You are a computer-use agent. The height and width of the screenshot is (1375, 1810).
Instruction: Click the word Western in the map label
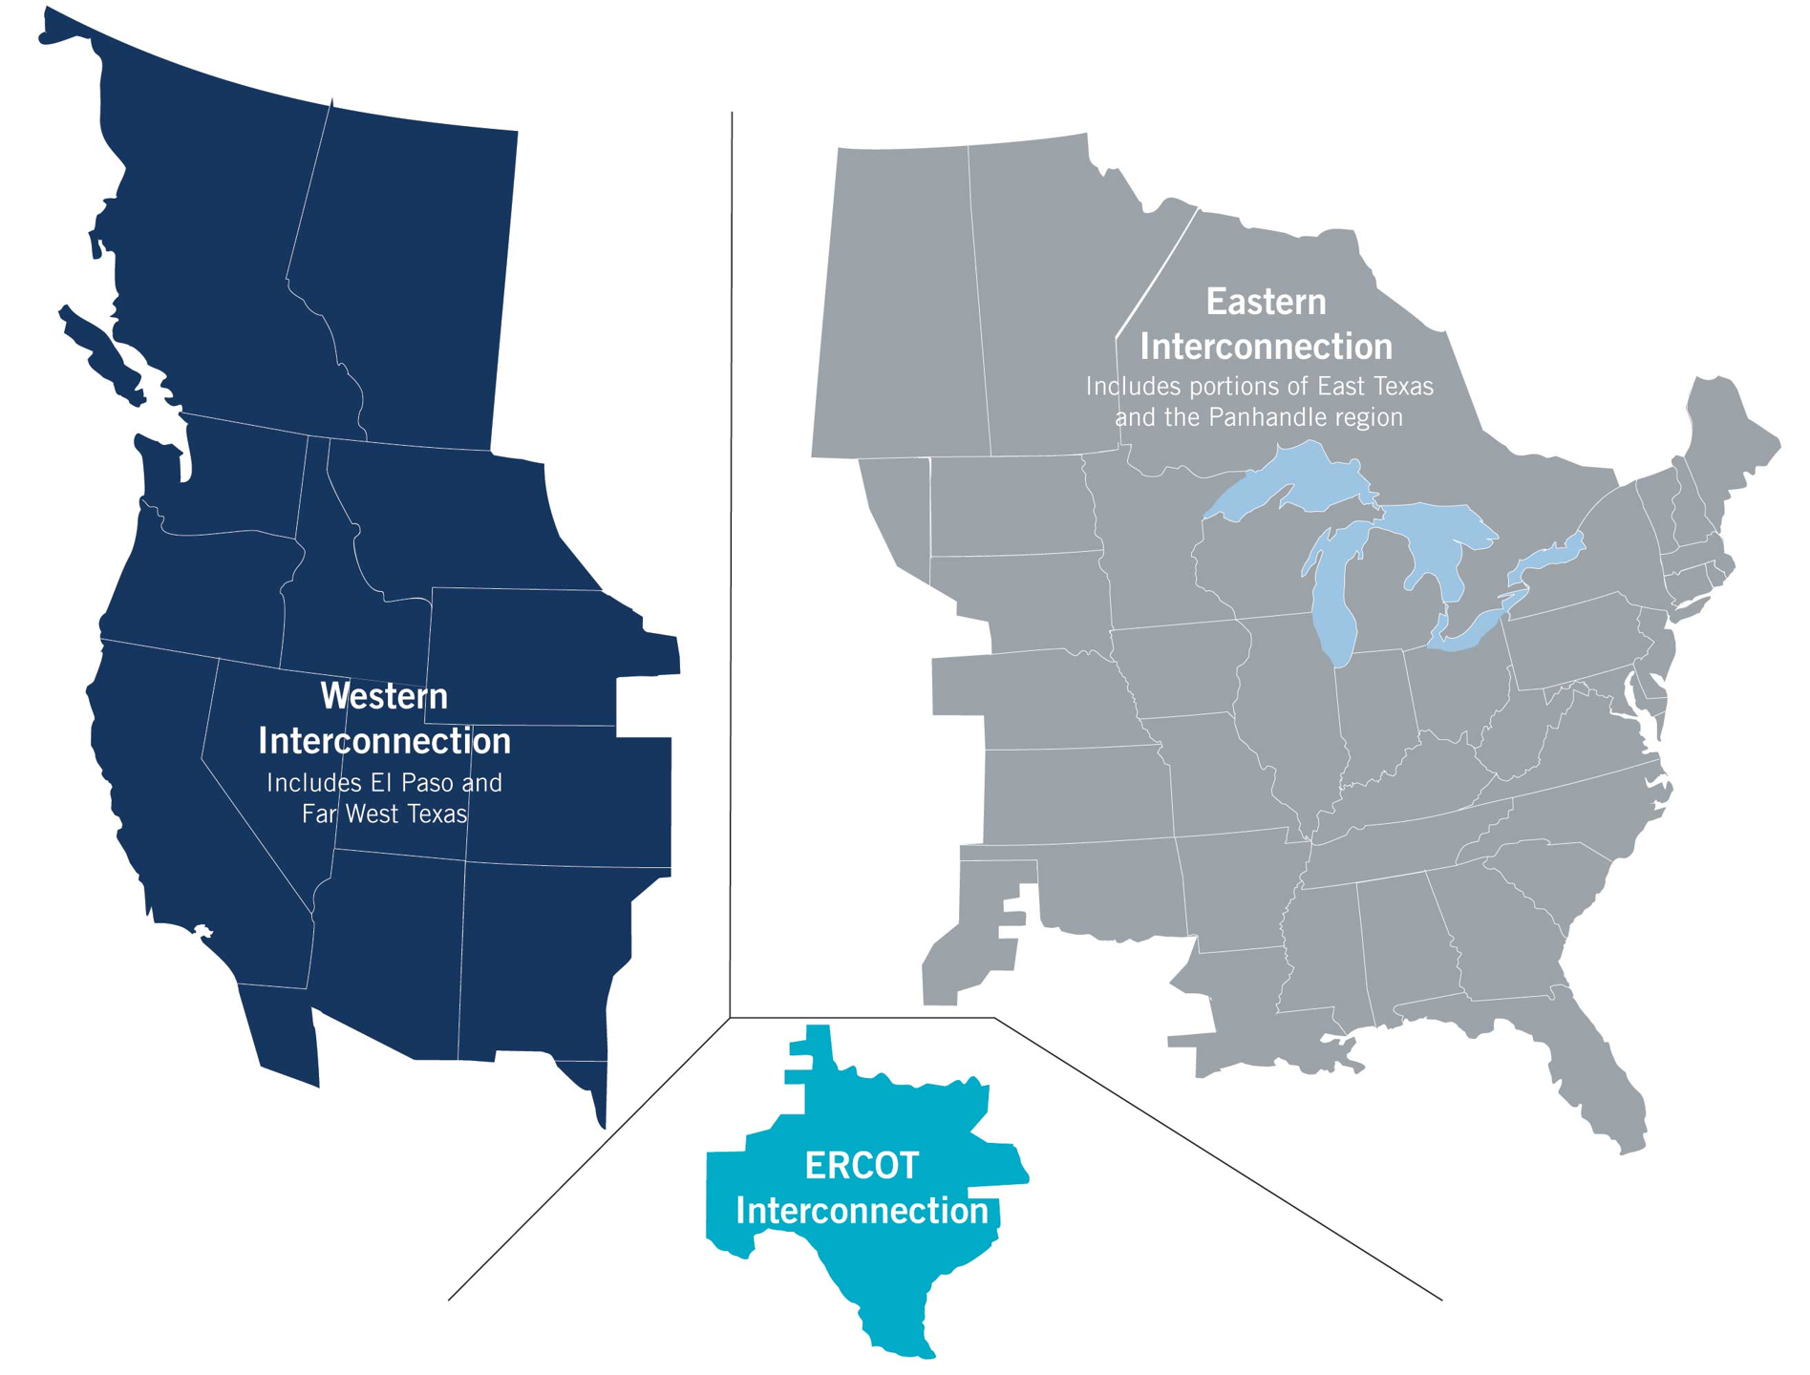click(384, 696)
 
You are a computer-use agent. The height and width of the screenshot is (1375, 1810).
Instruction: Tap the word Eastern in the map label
click(1266, 302)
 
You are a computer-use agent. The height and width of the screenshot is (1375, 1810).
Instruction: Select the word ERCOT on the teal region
click(862, 1165)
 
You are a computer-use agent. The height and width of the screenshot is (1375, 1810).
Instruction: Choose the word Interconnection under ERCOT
click(862, 1211)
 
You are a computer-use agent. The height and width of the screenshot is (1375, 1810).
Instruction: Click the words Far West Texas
click(384, 814)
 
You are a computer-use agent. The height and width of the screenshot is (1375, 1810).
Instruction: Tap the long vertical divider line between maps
click(732, 573)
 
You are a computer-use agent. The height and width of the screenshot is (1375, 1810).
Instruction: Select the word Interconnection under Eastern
click(1266, 346)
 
